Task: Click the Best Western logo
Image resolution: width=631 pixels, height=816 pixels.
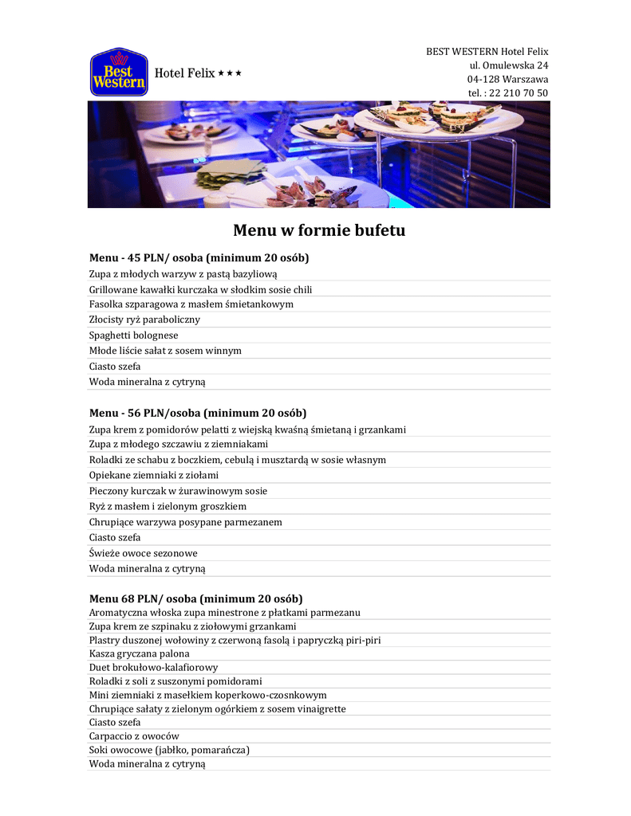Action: click(119, 73)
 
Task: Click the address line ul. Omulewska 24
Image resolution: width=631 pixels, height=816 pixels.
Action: click(508, 65)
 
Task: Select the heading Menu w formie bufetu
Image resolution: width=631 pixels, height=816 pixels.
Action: click(319, 231)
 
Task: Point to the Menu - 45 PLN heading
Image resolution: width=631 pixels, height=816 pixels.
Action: click(199, 258)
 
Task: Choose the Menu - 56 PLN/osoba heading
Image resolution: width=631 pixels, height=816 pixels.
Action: click(198, 413)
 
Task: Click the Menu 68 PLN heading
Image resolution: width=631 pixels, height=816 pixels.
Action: click(195, 598)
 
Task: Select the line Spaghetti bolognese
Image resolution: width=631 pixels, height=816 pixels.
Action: click(133, 335)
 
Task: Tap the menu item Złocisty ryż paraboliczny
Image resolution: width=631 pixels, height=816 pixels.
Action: click(144, 320)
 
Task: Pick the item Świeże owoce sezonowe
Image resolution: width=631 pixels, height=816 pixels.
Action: click(144, 553)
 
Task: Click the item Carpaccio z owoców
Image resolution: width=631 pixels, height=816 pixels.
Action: click(134, 736)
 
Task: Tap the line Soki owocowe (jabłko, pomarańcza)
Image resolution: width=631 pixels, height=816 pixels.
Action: click(169, 750)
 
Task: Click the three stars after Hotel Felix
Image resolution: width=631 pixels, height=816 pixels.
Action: click(231, 73)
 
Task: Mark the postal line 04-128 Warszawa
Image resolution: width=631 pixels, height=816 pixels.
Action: click(507, 80)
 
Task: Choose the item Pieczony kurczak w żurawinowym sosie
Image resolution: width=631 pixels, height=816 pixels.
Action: click(178, 491)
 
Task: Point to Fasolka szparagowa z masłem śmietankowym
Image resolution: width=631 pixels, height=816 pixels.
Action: click(191, 304)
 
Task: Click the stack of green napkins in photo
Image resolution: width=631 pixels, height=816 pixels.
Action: click(231, 171)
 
